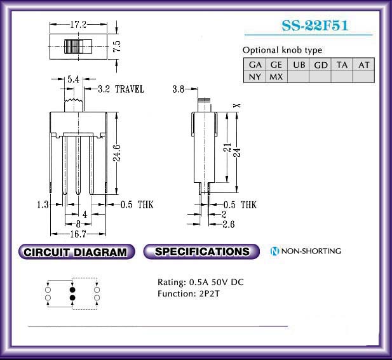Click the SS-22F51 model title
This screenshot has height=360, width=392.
pos(314,25)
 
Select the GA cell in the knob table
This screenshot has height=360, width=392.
pos(255,65)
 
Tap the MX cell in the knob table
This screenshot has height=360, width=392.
pos(276,77)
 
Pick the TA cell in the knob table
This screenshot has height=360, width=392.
pos(342,65)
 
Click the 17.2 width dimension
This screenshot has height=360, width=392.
pos(78,25)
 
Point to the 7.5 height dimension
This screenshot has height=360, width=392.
pos(117,46)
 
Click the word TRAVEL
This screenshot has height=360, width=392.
pos(130,89)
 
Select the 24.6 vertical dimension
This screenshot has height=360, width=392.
pos(117,153)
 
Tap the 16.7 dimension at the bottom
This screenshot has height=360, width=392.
pos(78,234)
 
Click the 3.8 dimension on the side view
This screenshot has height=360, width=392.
pos(179,89)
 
